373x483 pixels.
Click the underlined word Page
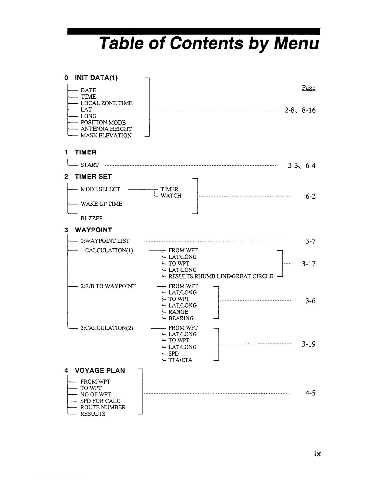[x=308, y=88]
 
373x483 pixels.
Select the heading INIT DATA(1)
[x=96, y=78]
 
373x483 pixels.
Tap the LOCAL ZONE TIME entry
[x=106, y=103]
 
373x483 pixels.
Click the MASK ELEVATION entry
[x=106, y=135]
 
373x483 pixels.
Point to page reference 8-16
[x=309, y=110]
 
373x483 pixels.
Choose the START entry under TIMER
[x=90, y=165]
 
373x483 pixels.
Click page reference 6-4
[x=310, y=165]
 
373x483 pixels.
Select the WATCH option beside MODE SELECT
[x=171, y=196]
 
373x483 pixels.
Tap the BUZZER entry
[x=92, y=218]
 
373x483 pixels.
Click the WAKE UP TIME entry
[x=101, y=204]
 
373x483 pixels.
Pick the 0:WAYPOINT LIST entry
[x=105, y=241]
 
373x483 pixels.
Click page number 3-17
[x=308, y=264]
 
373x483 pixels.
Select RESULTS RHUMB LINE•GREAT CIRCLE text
[x=221, y=276]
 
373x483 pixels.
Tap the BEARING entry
[x=181, y=318]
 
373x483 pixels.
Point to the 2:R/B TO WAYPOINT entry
[x=108, y=286]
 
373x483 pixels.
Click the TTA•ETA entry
[x=180, y=360]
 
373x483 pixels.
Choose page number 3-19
[x=308, y=344]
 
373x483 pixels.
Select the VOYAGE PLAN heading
[x=100, y=371]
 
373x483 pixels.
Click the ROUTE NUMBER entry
[x=103, y=407]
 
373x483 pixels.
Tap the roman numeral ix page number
[x=317, y=454]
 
